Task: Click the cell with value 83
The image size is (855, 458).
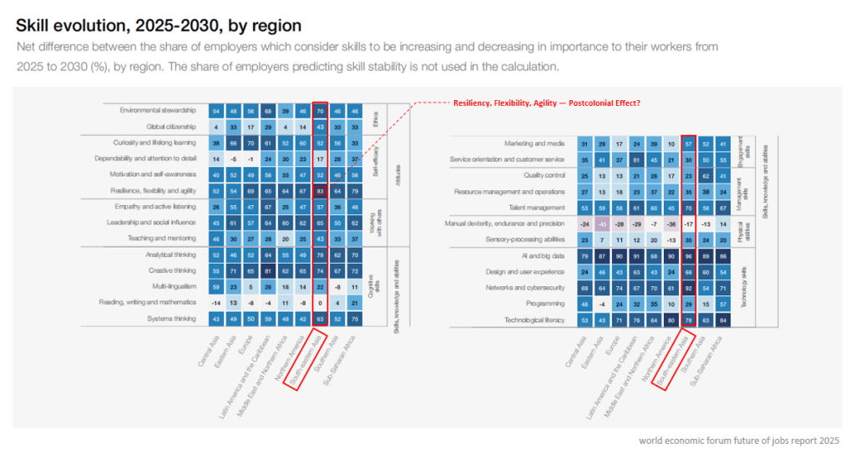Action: (x=320, y=191)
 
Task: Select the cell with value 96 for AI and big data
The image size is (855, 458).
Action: (x=689, y=255)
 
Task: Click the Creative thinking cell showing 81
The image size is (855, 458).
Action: (x=267, y=270)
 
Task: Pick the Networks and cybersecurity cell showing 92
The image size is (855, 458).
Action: (x=689, y=288)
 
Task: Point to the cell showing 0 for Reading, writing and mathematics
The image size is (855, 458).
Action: (x=320, y=303)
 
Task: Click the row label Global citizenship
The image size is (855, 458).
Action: (x=170, y=126)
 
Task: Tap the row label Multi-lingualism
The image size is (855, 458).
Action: (x=175, y=286)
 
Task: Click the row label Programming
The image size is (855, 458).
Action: (x=549, y=304)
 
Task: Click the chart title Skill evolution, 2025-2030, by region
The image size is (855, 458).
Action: (x=159, y=26)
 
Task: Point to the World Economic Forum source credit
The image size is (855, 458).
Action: (x=739, y=440)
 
